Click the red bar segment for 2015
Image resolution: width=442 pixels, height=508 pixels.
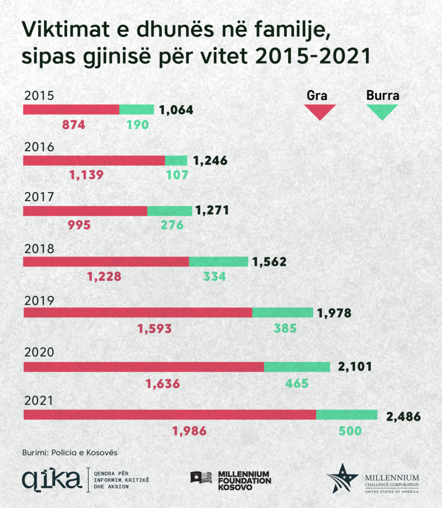pos(71,110)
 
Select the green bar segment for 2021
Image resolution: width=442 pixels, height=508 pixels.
pos(347,415)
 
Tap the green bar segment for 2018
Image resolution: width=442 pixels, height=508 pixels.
pos(218,261)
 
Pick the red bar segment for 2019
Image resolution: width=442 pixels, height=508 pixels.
pos(138,313)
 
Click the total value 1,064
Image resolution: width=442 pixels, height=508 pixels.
pos(176,110)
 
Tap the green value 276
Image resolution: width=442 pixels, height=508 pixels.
pos(172,225)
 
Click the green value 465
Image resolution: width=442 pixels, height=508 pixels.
pos(297,383)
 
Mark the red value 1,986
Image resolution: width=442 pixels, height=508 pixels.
pos(189,432)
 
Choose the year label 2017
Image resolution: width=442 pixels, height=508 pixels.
pos(39,197)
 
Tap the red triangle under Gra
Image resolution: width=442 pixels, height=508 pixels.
pos(319,112)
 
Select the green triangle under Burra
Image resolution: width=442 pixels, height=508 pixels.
pos(381,112)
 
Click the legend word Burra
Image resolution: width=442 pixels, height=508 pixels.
pos(382,95)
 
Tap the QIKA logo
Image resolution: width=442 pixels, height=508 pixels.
pos(52,479)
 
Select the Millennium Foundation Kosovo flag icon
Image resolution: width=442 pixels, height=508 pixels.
pos(201,477)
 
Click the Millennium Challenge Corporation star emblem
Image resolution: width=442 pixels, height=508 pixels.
pos(342,478)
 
